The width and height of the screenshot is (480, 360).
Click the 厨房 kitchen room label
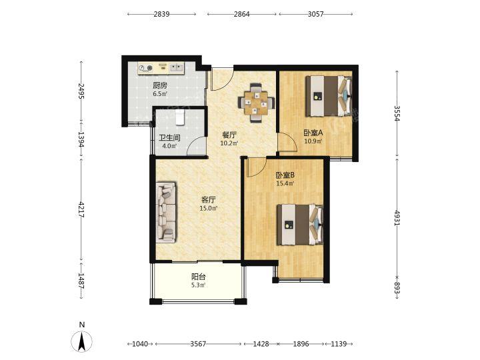[x=160, y=85]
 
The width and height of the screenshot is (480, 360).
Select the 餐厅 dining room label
[x=229, y=135]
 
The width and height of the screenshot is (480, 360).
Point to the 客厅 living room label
[x=209, y=200]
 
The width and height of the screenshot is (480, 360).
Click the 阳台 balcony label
[x=199, y=277]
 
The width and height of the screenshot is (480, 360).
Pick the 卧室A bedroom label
[x=313, y=133]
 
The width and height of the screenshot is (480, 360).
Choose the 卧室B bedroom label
[x=285, y=175]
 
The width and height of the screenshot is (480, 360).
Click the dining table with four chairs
[x=256, y=103]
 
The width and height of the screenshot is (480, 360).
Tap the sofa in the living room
[x=166, y=213]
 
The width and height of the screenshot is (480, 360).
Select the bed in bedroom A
[x=329, y=96]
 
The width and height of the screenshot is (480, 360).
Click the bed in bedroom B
[x=300, y=225]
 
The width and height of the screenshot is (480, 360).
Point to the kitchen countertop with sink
[x=161, y=69]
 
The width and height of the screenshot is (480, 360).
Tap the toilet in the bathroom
[x=180, y=118]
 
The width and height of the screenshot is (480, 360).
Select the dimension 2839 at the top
[x=161, y=14]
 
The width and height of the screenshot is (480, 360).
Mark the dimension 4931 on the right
[x=397, y=218]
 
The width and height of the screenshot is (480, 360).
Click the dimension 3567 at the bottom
[x=198, y=344]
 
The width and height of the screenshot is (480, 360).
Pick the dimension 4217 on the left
[x=81, y=209]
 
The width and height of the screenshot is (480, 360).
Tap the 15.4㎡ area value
[x=285, y=184]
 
